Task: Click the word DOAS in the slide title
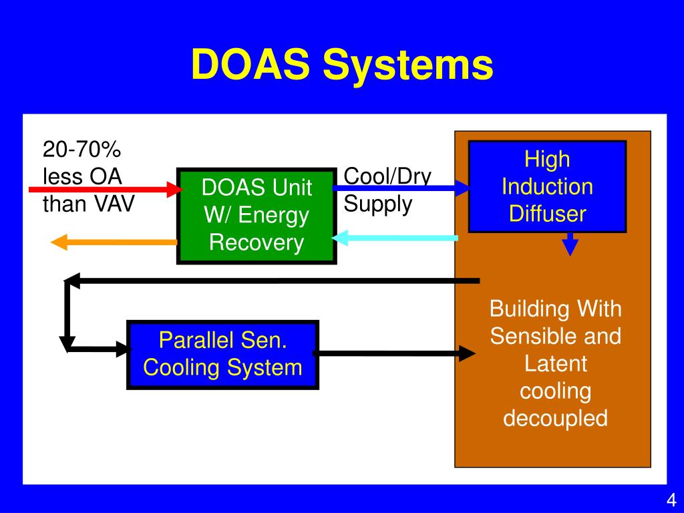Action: [251, 65]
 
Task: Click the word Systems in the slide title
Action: [409, 65]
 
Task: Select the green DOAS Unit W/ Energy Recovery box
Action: [256, 216]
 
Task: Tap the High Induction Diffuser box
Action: [547, 186]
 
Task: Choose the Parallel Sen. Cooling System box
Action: [222, 355]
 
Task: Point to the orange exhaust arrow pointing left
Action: [114, 242]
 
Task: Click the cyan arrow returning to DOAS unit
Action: [397, 237]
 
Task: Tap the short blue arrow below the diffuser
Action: [569, 244]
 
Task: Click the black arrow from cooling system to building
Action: [394, 353]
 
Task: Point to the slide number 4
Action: [671, 500]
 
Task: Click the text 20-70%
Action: [81, 149]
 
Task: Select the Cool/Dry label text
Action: [387, 176]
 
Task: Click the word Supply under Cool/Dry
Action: [378, 204]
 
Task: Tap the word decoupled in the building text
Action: [555, 418]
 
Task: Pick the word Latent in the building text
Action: [555, 364]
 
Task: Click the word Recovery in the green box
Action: [256, 242]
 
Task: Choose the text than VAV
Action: [88, 204]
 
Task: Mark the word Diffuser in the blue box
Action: [547, 214]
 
